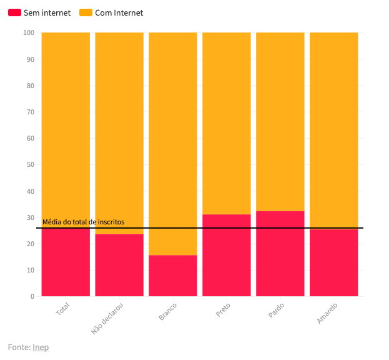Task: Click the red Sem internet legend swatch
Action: point(14,12)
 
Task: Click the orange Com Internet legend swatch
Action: point(86,12)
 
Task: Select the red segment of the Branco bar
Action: point(173,276)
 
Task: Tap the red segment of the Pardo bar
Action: point(280,254)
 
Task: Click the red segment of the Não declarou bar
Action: point(119,265)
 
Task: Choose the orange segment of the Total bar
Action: point(66,125)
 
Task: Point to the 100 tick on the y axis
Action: point(29,32)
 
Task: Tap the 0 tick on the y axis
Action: point(32,296)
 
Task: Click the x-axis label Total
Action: point(63,309)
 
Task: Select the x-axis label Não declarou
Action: point(108,318)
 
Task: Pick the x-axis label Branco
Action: point(168,311)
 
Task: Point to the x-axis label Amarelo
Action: point(327,312)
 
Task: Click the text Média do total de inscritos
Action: point(83,222)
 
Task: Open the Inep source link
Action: point(41,347)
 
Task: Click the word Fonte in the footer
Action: point(19,347)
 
